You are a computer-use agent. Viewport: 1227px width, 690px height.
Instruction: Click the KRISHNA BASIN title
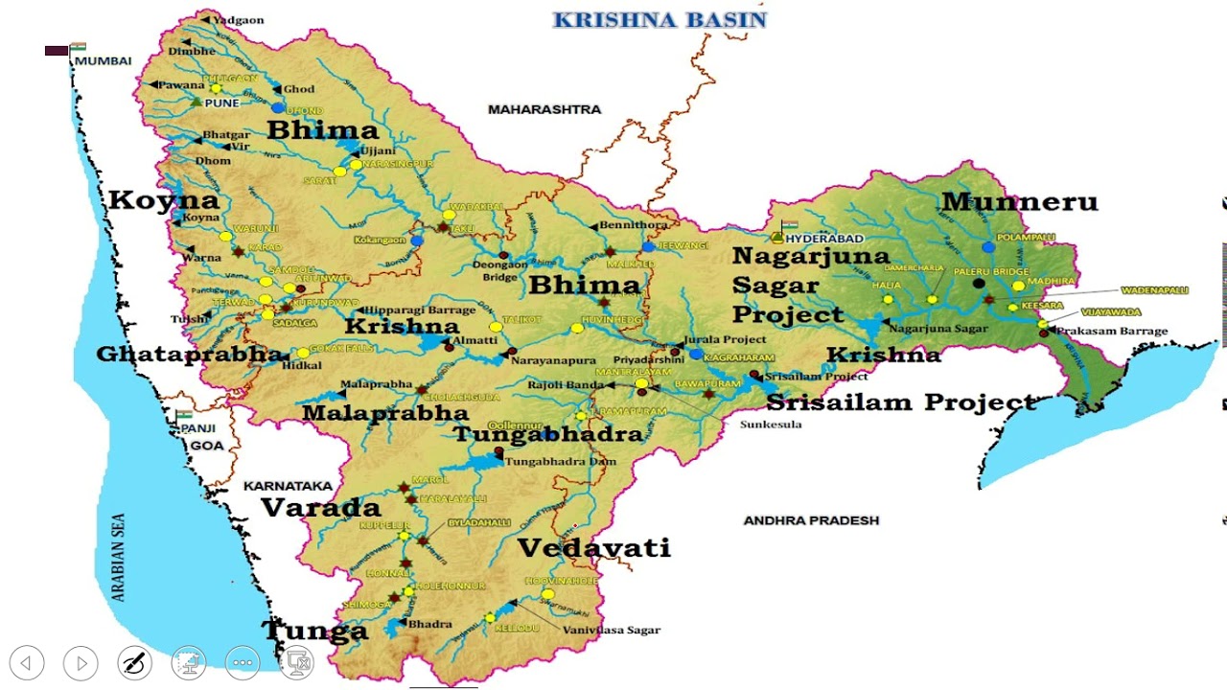[x=660, y=20]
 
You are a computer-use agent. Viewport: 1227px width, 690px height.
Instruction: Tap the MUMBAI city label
[x=103, y=60]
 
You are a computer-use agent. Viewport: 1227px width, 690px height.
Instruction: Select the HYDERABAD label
[x=824, y=238]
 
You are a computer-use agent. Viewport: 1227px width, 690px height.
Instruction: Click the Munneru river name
[x=1019, y=202]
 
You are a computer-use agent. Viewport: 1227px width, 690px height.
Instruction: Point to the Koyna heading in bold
[x=164, y=200]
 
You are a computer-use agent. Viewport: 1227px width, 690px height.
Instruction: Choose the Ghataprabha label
[x=189, y=355]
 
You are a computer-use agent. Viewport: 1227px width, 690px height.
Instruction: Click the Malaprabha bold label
[x=384, y=413]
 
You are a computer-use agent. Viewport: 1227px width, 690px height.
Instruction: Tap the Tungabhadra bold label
[x=547, y=434]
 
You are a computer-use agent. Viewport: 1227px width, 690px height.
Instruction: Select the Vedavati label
[x=593, y=548]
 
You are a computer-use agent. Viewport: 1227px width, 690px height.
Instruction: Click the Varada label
[x=321, y=508]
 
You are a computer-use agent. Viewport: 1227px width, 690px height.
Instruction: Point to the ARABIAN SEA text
[x=119, y=557]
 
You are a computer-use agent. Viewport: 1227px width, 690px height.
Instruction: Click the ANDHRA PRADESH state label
[x=811, y=520]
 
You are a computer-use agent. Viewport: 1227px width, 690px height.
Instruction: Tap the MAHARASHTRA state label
[x=544, y=109]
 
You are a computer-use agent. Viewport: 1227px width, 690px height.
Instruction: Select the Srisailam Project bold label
[x=901, y=402]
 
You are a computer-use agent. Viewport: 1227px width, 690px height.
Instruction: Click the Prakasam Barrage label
[x=1112, y=332]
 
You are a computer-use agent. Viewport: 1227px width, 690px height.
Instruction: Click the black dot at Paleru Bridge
[x=979, y=283]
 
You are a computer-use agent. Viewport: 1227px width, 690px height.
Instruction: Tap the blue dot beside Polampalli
[x=988, y=247]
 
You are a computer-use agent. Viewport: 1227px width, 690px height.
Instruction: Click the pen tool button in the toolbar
[x=135, y=662]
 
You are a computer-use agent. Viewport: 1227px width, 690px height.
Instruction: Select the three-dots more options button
[x=243, y=662]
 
